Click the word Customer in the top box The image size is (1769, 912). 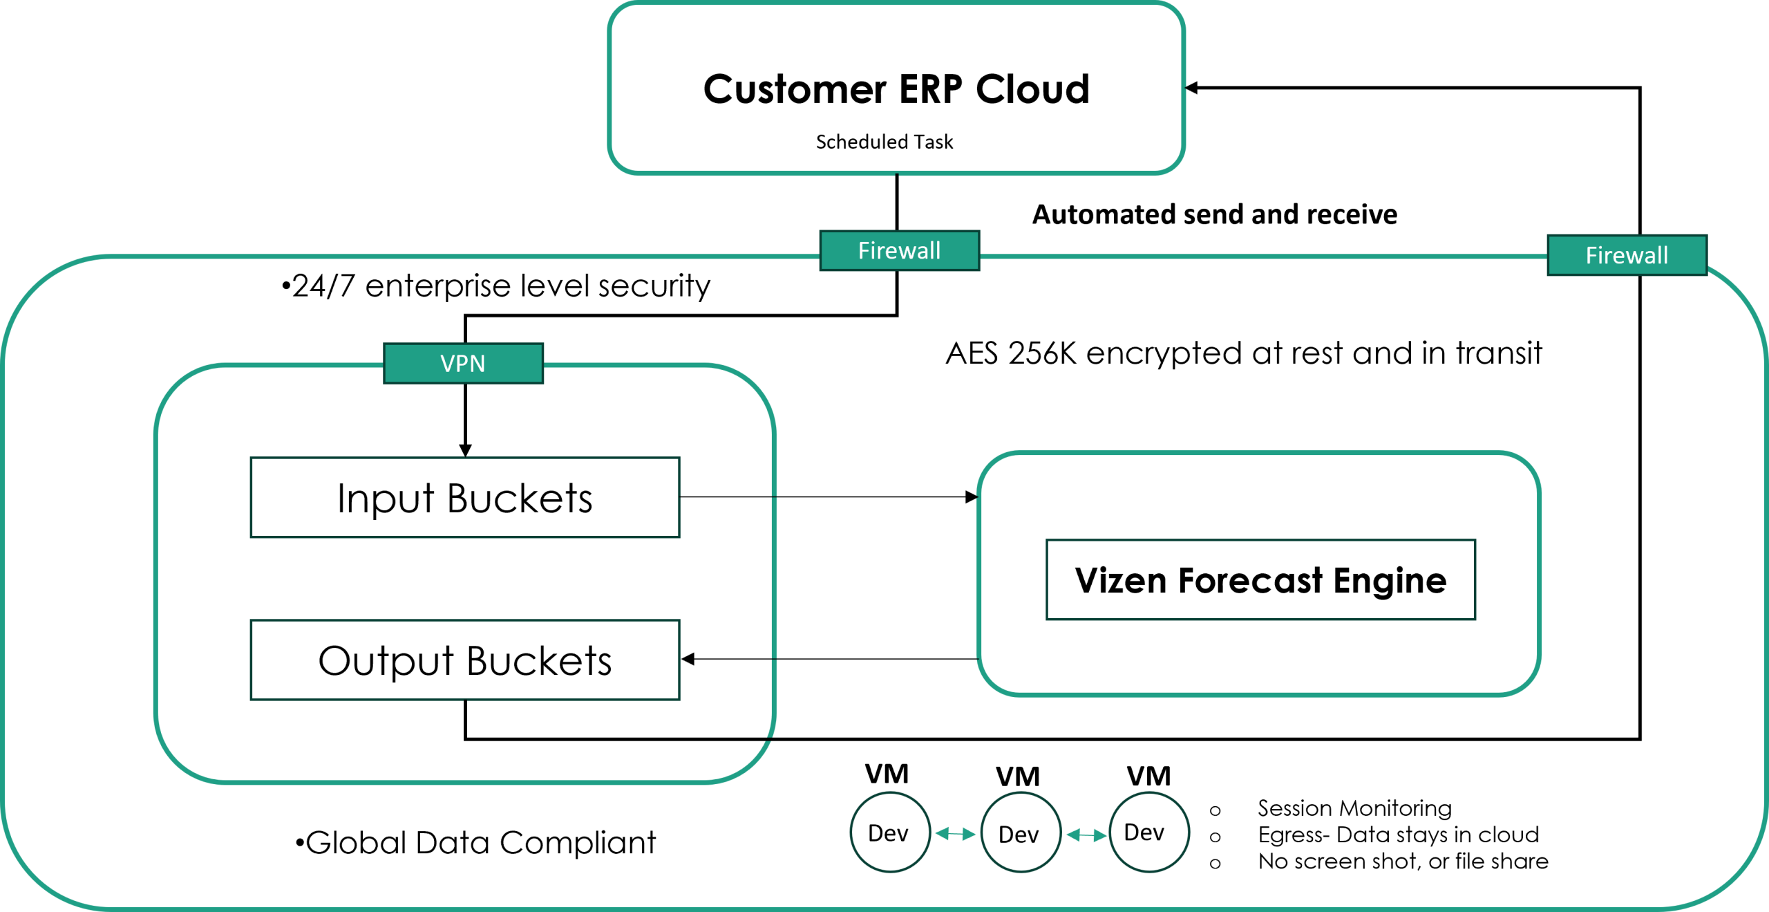tap(795, 90)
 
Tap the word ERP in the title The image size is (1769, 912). tap(930, 90)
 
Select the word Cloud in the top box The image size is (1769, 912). tap(1032, 90)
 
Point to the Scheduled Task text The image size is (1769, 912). tap(884, 142)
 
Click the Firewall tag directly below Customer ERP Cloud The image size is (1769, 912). tap(899, 251)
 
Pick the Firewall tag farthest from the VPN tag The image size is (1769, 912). tap(1627, 256)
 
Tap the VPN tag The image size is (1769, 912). tap(463, 364)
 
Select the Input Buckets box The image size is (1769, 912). tap(465, 498)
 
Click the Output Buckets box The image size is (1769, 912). tap(465, 660)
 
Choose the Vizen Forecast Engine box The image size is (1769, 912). tap(1260, 580)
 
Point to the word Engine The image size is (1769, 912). tap(1390, 581)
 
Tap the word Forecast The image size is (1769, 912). tap(1251, 581)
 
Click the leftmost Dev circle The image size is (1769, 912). tap(889, 832)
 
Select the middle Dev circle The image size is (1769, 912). tap(1020, 834)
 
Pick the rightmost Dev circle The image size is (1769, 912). tap(1148, 832)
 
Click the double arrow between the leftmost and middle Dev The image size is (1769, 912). tap(955, 835)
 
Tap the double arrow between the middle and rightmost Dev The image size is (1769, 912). tap(1086, 836)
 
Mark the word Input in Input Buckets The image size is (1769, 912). tap(386, 499)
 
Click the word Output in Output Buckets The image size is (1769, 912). tap(386, 662)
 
